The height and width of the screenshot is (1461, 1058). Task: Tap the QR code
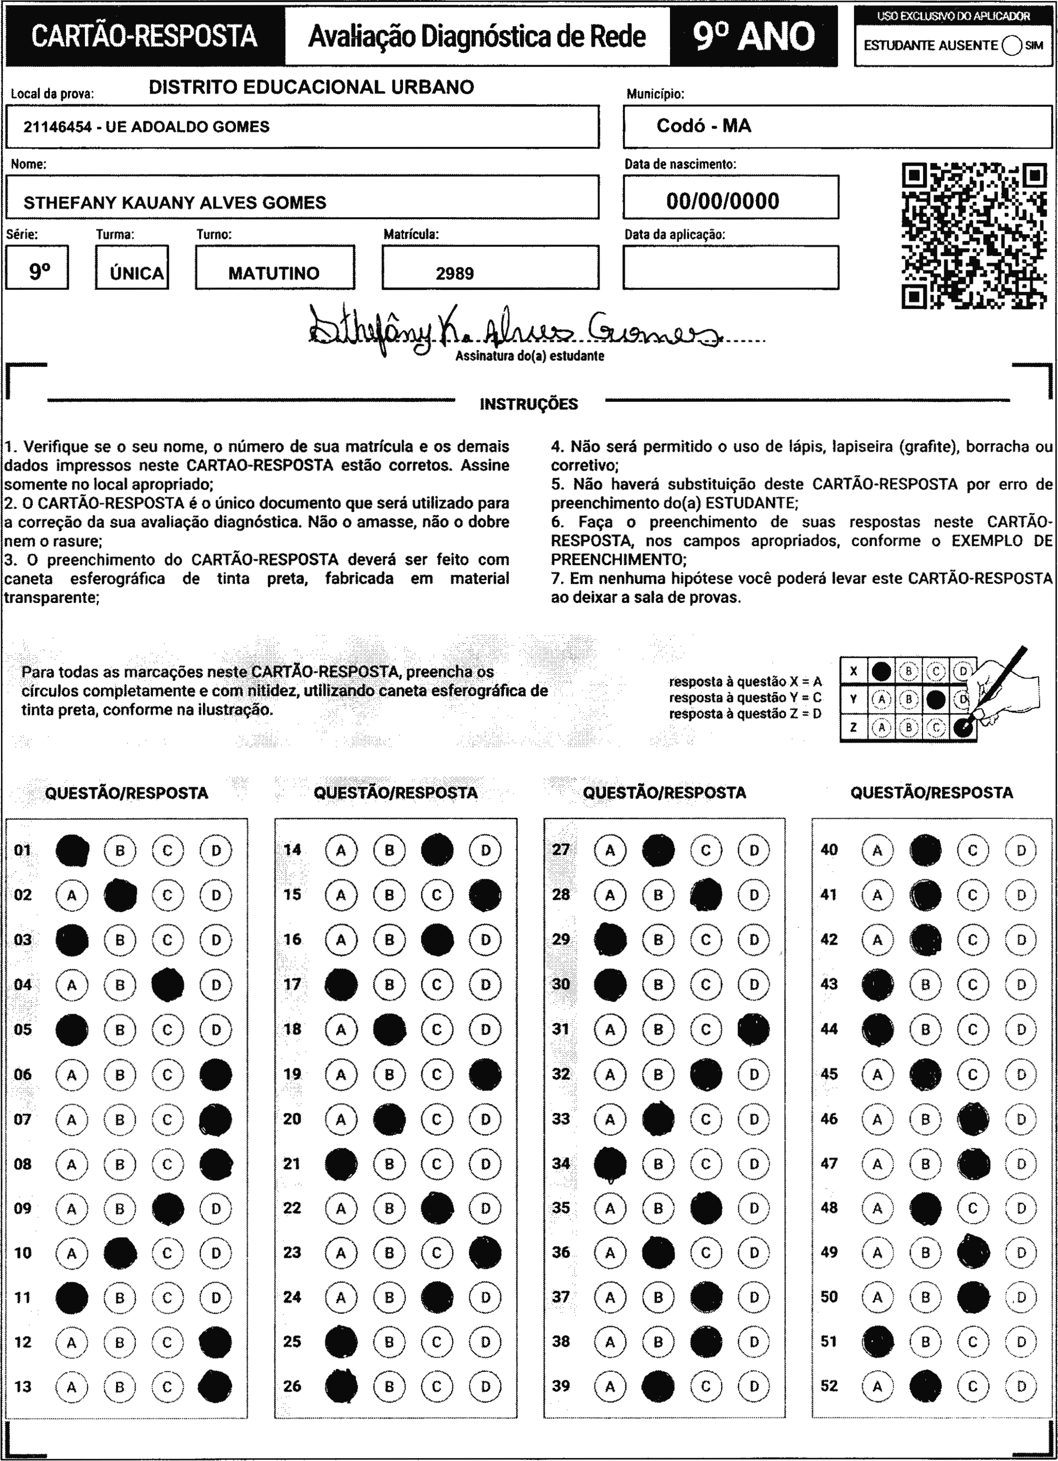pyautogui.click(x=974, y=236)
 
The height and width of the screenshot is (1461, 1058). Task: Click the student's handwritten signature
pyautogui.click(x=509, y=329)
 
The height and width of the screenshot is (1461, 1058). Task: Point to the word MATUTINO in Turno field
pyautogui.click(x=274, y=273)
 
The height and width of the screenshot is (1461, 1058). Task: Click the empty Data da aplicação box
pyautogui.click(x=730, y=267)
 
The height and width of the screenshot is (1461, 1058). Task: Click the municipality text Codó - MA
pyautogui.click(x=703, y=126)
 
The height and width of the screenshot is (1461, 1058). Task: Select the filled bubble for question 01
pyautogui.click(x=72, y=850)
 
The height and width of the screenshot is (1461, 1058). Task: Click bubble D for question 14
pyautogui.click(x=486, y=850)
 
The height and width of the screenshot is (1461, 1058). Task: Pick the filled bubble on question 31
pyautogui.click(x=754, y=1029)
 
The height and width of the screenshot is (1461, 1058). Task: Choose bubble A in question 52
pyautogui.click(x=877, y=1386)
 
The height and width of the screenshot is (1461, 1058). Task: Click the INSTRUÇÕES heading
pyautogui.click(x=529, y=405)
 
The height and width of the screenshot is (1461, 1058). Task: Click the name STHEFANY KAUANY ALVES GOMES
pyautogui.click(x=175, y=203)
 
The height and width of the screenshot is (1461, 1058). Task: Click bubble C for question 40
pyautogui.click(x=973, y=850)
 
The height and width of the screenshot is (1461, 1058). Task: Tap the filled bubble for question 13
pyautogui.click(x=215, y=1386)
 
